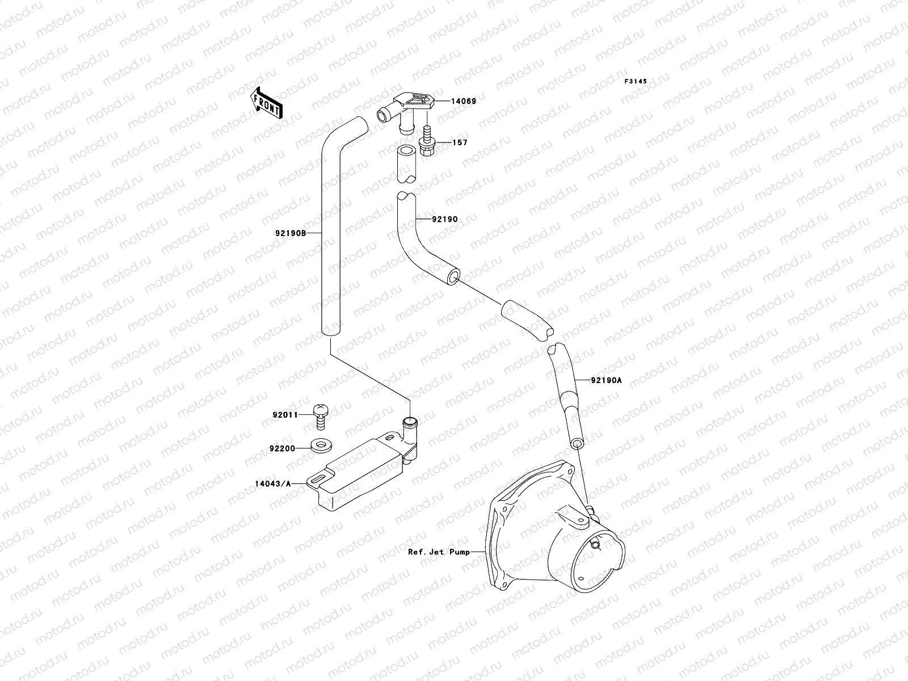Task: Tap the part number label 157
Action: [x=460, y=142]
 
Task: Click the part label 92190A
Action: [x=606, y=381]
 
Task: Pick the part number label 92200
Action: [x=283, y=448]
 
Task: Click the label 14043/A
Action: [x=273, y=484]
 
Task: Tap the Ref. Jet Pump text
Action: [x=439, y=552]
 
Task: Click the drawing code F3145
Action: [x=636, y=82]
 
